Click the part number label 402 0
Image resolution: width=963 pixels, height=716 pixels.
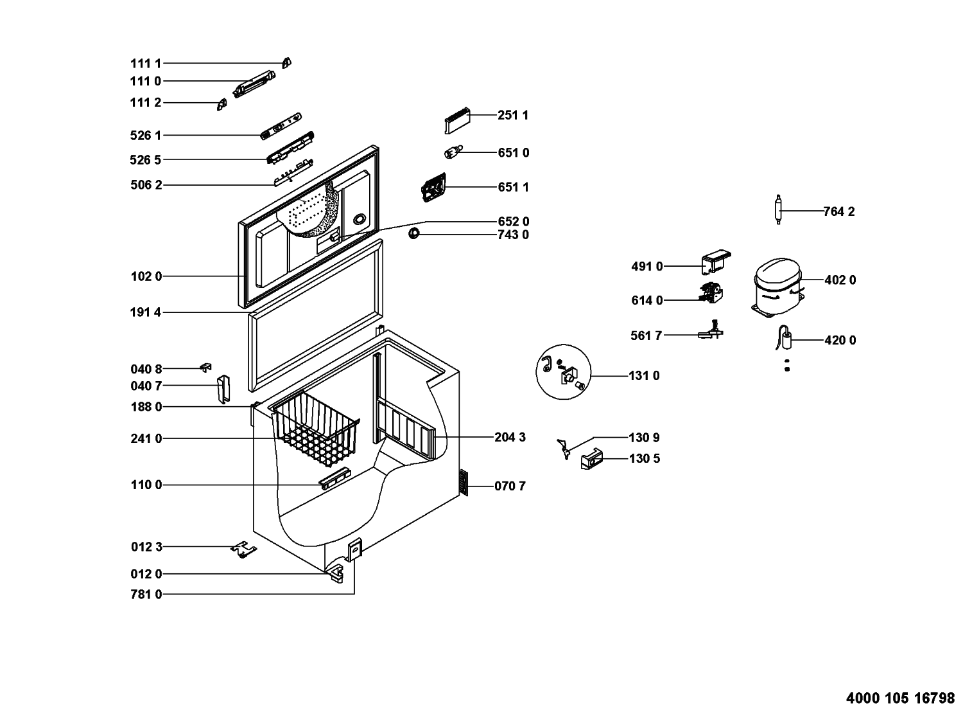pos(840,280)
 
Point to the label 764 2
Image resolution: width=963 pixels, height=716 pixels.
pos(839,211)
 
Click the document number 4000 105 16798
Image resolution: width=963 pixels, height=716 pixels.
pos(901,698)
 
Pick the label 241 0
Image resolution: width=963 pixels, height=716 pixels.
pos(146,439)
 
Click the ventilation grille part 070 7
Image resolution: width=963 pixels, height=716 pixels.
pos(464,483)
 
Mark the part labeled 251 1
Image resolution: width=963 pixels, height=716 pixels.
pos(456,120)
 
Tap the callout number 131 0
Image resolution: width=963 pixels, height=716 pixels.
pos(644,376)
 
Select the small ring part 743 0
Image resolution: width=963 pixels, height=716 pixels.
pos(415,233)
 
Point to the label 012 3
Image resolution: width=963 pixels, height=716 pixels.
pos(146,547)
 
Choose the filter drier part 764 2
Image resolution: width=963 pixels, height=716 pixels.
pos(778,210)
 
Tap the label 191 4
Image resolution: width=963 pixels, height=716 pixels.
pos(146,312)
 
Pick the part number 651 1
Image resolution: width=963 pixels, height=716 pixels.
pos(513,187)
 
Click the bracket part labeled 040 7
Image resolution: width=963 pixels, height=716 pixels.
pos(223,389)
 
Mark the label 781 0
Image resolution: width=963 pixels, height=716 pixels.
pos(146,595)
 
